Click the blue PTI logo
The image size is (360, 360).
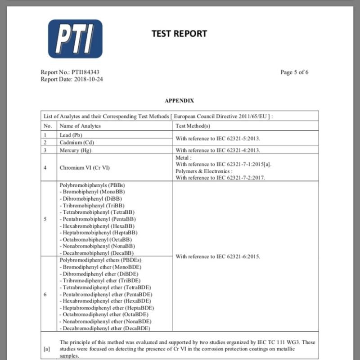pyautogui.click(x=75, y=38)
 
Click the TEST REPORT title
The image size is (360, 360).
pyautogui.click(x=179, y=33)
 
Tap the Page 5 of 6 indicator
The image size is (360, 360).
pyautogui.click(x=294, y=72)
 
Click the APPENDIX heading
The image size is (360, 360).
pyautogui.click(x=179, y=100)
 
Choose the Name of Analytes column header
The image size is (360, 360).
pyautogui.click(x=80, y=126)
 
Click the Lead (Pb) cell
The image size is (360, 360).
pyautogui.click(x=71, y=135)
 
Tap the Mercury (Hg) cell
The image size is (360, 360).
pyautogui.click(x=76, y=150)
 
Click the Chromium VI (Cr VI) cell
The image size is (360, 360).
pyautogui.click(x=85, y=167)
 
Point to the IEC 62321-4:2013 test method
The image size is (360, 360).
pyautogui.click(x=218, y=150)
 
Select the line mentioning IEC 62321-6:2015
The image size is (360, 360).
pyautogui.click(x=218, y=256)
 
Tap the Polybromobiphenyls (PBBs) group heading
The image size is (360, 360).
pyautogui.click(x=92, y=185)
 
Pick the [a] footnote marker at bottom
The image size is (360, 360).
pyautogui.click(x=47, y=348)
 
